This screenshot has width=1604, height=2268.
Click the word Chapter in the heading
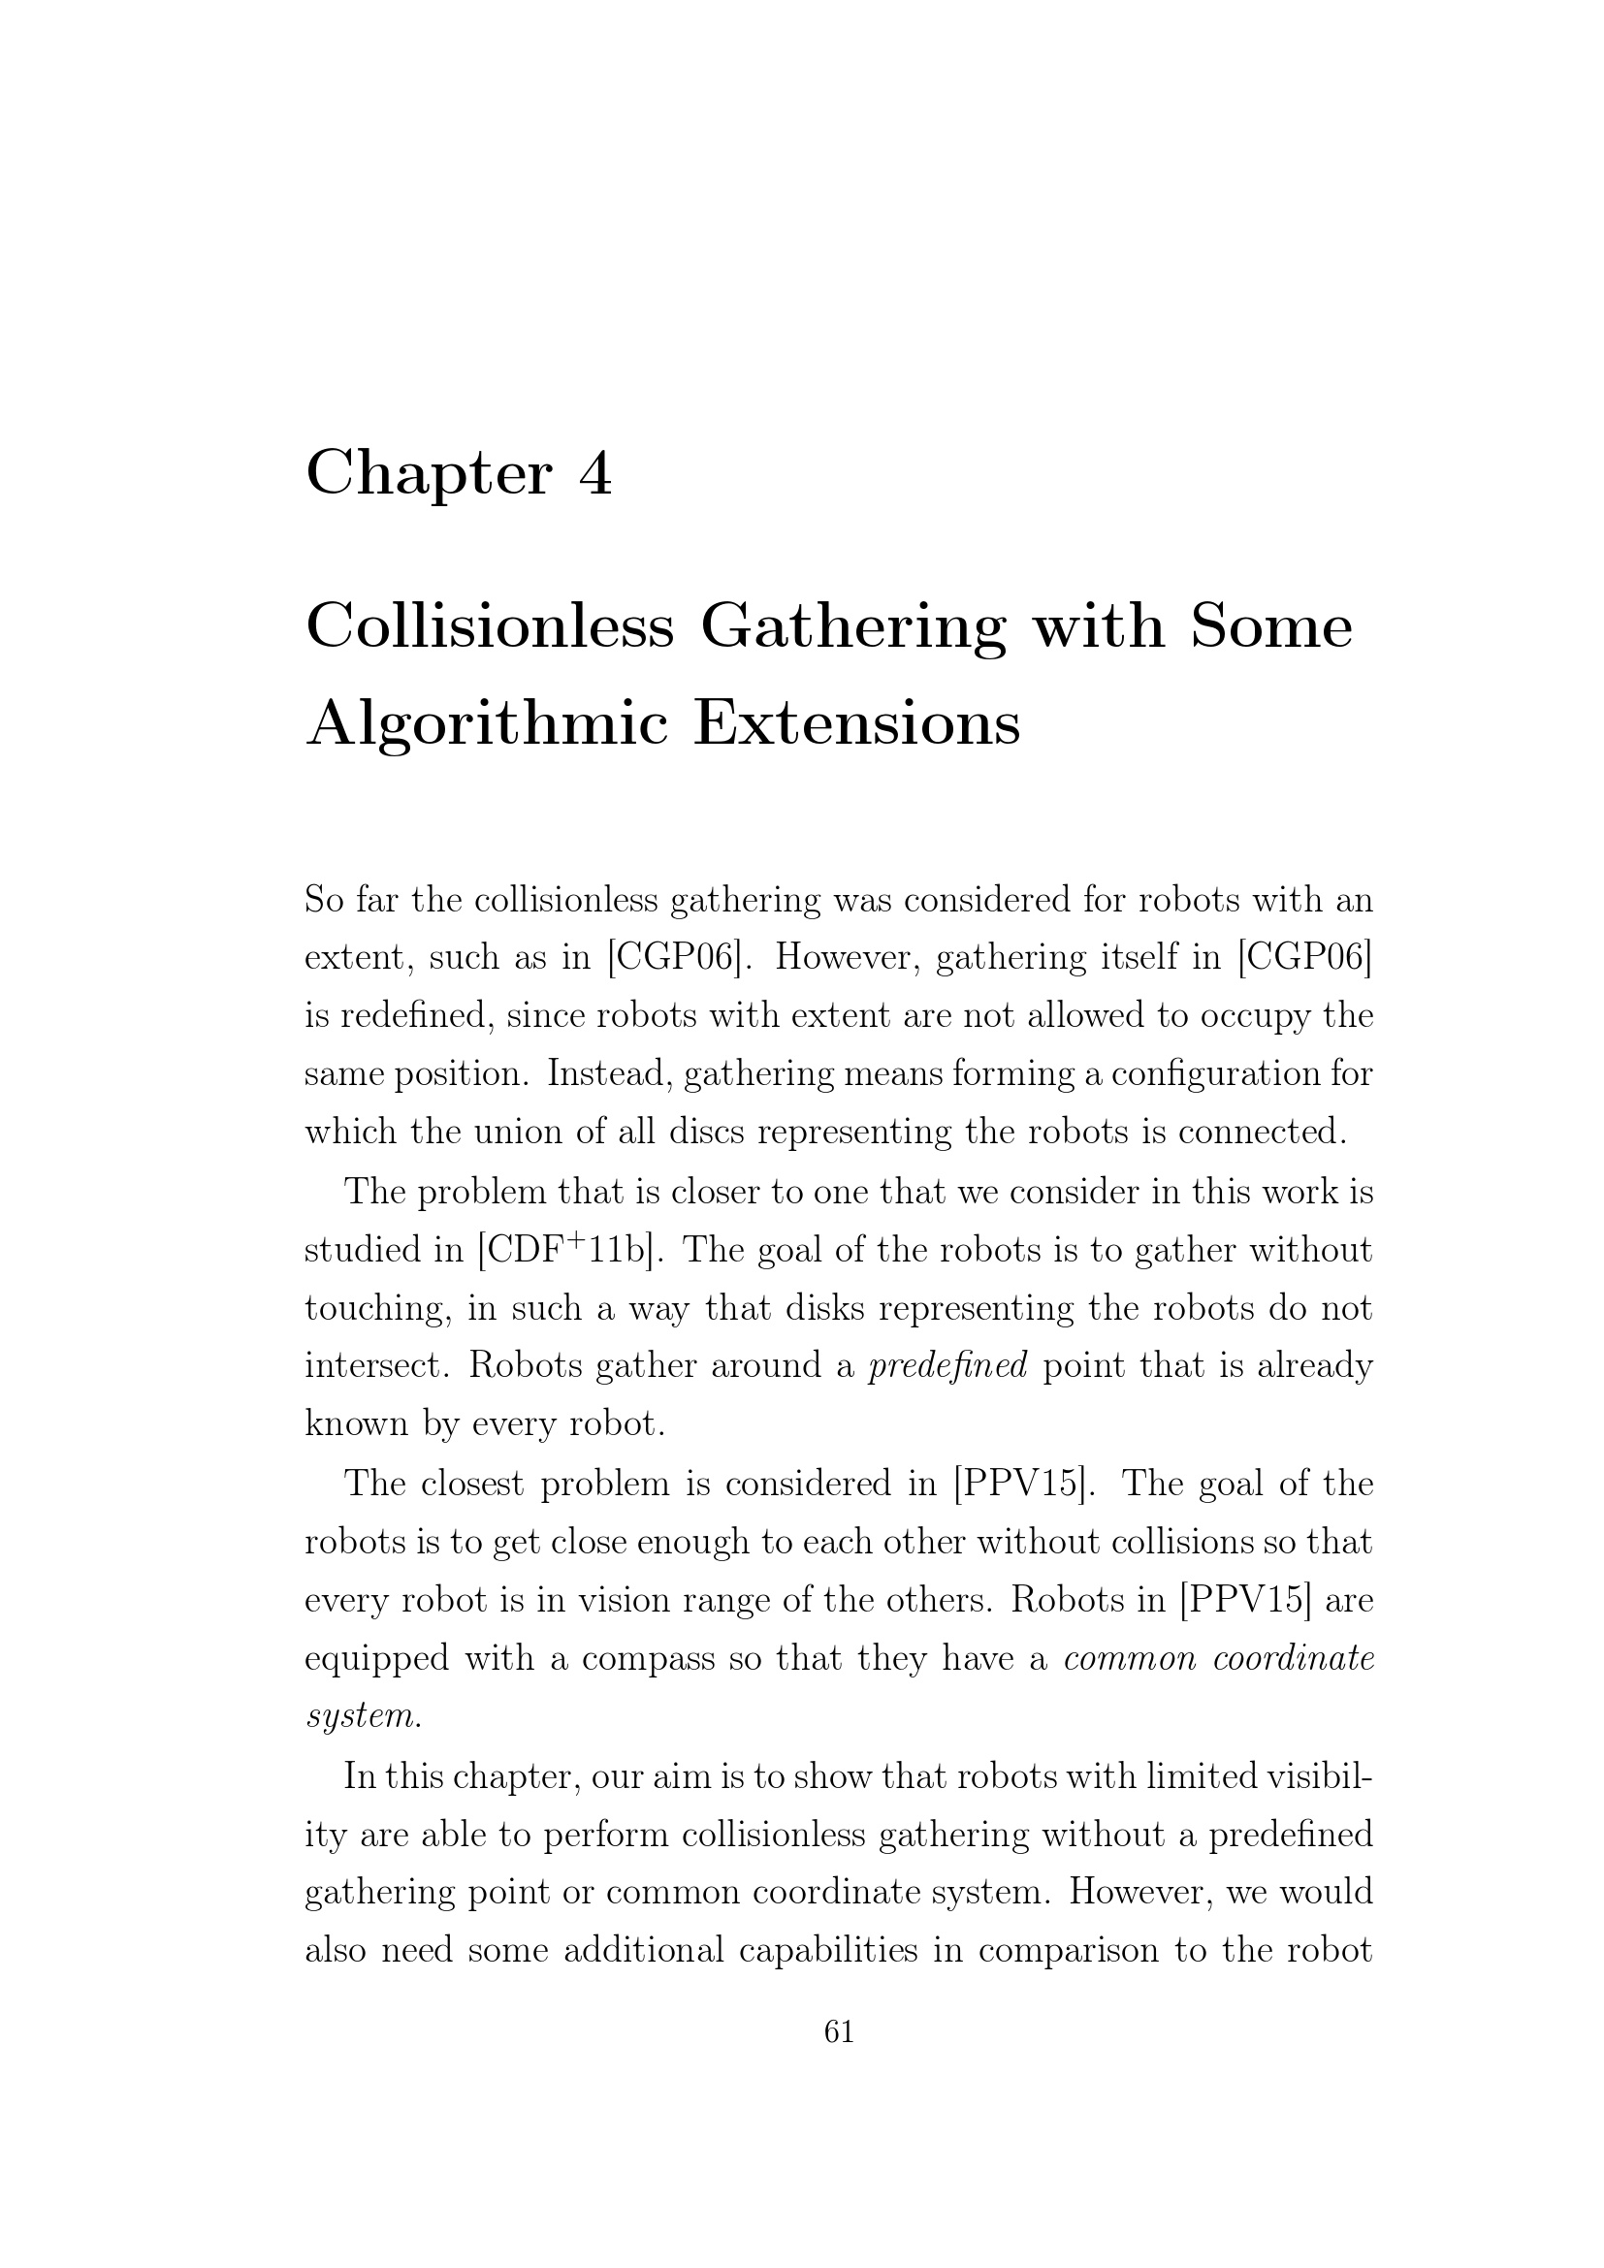tap(428, 474)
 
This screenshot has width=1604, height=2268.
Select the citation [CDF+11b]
tap(563, 1251)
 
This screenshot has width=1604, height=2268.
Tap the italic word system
tap(363, 1717)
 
